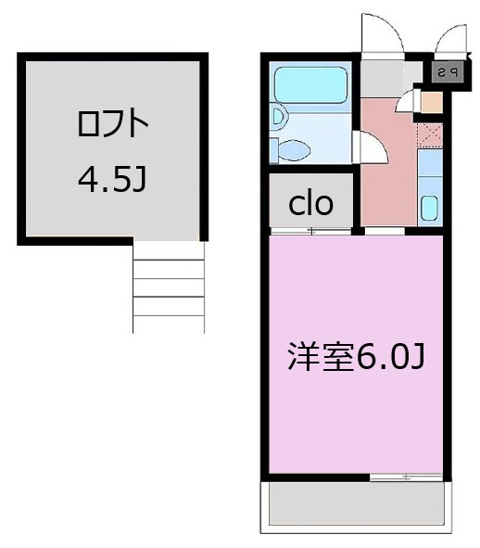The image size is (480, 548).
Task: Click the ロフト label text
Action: pos(111,124)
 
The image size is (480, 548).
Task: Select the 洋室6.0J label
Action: pos(356,356)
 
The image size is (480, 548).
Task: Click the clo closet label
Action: pos(310,202)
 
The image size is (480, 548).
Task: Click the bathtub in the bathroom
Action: pos(311,85)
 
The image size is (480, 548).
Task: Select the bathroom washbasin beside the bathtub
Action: pos(276,117)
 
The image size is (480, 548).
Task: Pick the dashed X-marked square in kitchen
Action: pos(429,133)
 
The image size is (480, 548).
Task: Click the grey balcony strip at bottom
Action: pos(356,504)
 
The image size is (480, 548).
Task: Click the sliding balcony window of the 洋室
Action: pos(406,477)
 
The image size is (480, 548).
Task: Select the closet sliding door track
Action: pos(311,231)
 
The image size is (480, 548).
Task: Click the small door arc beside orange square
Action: pos(406,102)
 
